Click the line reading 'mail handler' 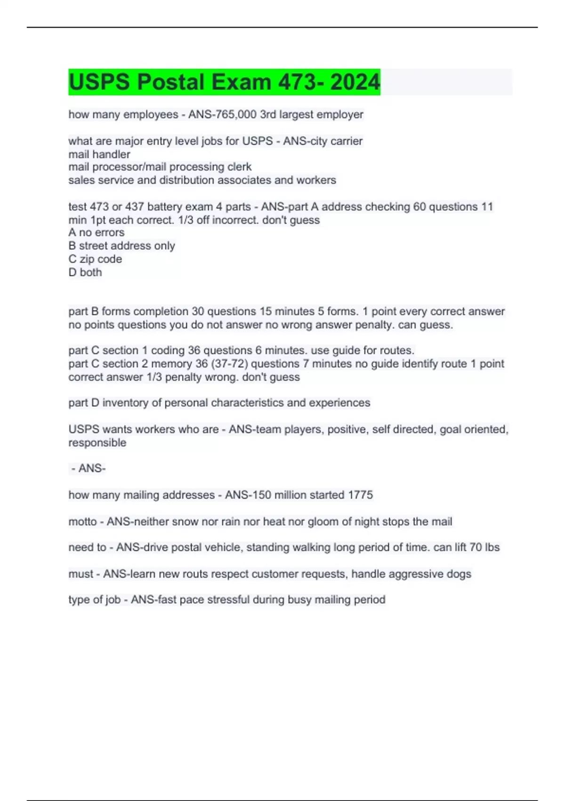click(99, 154)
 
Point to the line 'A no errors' click(97, 232)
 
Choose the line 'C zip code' click(95, 259)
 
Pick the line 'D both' click(85, 272)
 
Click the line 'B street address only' click(121, 245)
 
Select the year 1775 click(360, 495)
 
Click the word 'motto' click(82, 522)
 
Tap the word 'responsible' click(97, 442)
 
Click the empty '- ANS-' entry click(89, 468)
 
